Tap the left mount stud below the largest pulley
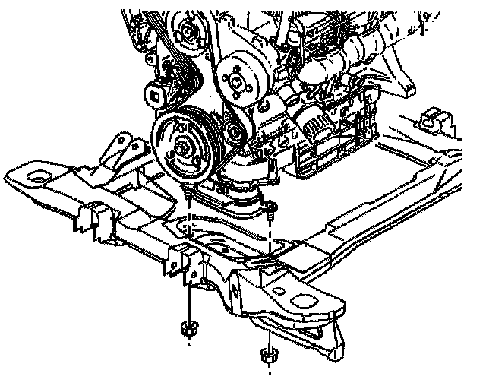(187, 199)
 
